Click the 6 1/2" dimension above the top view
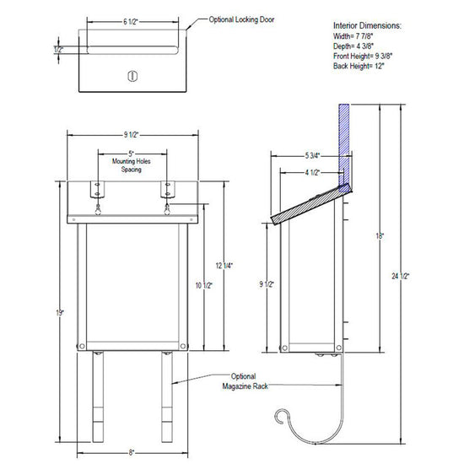(131, 22)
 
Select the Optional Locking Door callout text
(241, 19)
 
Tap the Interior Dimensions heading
(367, 26)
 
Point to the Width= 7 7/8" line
(353, 36)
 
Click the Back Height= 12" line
(359, 66)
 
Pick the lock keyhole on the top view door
(132, 76)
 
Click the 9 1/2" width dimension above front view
(131, 135)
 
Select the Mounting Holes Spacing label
(131, 165)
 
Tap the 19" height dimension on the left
(60, 312)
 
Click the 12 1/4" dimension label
(224, 266)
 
